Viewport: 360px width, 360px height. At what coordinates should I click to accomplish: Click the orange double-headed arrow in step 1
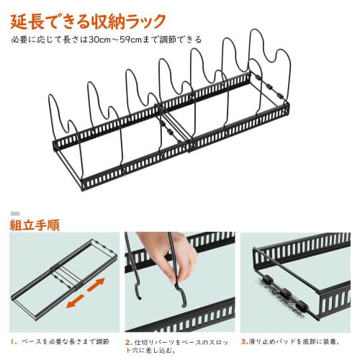[81, 294]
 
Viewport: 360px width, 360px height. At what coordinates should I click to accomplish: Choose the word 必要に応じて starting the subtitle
[32, 40]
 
